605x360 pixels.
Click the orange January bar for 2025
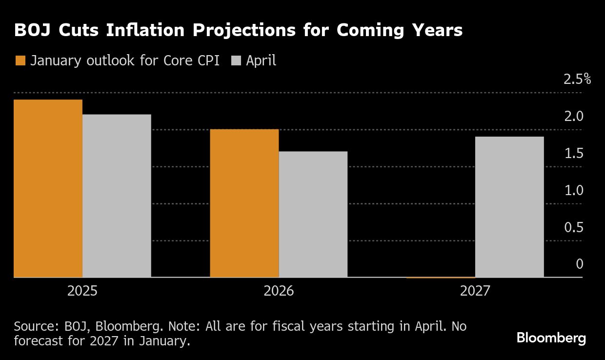tap(48, 188)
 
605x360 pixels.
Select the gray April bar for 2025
tap(117, 196)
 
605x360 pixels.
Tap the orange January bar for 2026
tap(244, 203)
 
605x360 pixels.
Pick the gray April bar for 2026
tap(313, 214)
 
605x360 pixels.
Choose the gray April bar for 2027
tap(509, 207)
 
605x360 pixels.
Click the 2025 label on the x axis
tap(82, 291)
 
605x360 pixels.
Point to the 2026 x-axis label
tap(279, 291)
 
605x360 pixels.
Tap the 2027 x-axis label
tap(475, 291)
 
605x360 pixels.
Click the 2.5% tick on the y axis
tap(577, 80)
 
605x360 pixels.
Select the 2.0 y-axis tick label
tap(574, 117)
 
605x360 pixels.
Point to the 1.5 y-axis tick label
tap(574, 154)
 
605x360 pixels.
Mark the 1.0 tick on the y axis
tap(574, 190)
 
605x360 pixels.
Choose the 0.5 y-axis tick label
tap(574, 227)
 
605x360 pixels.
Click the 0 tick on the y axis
tap(580, 264)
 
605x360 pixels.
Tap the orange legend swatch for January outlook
tap(20, 60)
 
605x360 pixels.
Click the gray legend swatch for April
tap(236, 60)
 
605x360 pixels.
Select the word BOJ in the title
tap(32, 30)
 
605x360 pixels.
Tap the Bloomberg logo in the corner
tap(551, 338)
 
